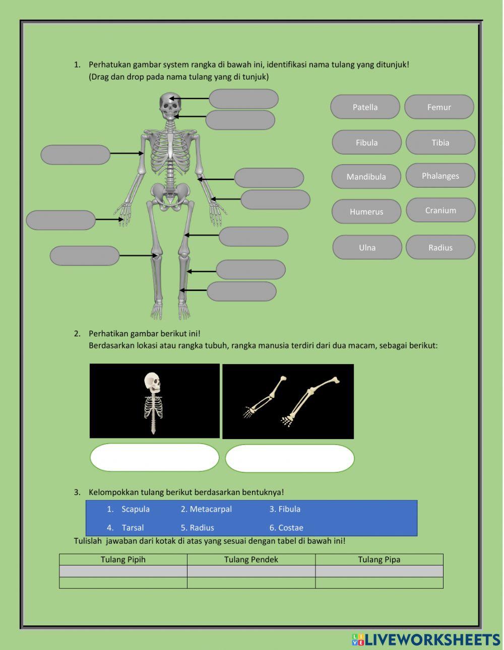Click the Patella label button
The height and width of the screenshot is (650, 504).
[x=365, y=107]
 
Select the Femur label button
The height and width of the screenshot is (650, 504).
[x=439, y=107]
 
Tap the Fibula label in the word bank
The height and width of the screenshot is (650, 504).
[x=366, y=142]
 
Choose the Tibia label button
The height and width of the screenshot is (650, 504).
[x=440, y=142]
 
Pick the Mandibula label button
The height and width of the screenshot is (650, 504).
[x=366, y=177]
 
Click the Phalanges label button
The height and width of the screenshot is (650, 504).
[x=440, y=176]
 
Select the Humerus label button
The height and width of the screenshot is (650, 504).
[x=366, y=211]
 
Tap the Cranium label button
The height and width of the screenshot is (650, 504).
[x=440, y=210]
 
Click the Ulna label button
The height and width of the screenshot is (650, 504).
[x=367, y=247]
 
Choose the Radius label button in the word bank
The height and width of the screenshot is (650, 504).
[x=440, y=247]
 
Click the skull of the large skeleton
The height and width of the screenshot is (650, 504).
[x=170, y=104]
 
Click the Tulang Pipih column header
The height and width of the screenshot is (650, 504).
[x=123, y=559]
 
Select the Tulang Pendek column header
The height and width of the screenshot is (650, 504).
[x=251, y=559]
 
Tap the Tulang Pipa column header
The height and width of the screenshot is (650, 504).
[x=379, y=559]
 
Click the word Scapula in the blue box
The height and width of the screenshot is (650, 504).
[x=135, y=509]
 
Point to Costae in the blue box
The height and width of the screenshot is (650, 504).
[x=290, y=528]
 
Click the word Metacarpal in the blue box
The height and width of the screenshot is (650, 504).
[x=210, y=509]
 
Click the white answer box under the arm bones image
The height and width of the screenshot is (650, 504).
[x=290, y=458]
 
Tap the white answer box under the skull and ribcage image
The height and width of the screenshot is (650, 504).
[x=154, y=458]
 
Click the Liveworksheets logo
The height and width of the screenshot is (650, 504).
[x=426, y=639]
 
